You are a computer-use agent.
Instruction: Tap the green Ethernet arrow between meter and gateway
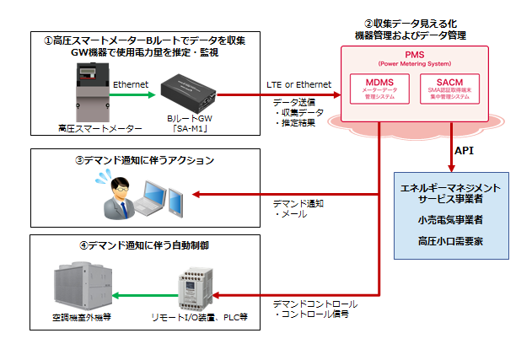132,94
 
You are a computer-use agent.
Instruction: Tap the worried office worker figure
117,193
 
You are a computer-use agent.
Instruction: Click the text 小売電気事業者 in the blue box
451,219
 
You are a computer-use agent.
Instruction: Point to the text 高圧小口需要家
451,241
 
